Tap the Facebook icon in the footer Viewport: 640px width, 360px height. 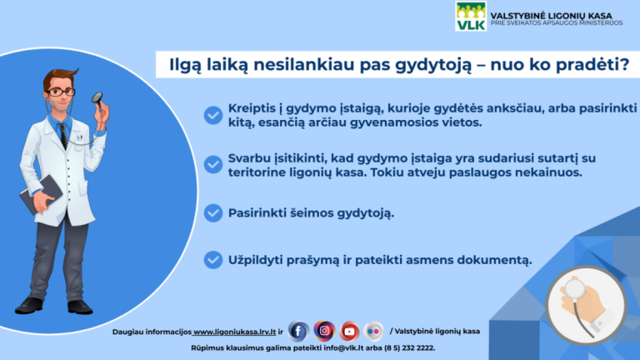tap(298, 331)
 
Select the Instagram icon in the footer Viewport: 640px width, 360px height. tap(324, 331)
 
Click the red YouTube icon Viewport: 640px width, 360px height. tap(349, 331)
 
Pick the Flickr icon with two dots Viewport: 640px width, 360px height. tap(374, 331)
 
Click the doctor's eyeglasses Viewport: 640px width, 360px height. tap(60, 91)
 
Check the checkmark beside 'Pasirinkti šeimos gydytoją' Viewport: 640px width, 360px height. tap(213, 212)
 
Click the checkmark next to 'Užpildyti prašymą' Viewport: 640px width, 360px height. tap(213, 260)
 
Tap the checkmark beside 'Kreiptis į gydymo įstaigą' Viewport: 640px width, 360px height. tap(213, 115)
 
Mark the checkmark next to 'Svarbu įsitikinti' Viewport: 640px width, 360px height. tap(213, 165)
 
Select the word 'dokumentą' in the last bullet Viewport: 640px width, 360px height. tap(492, 260)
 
